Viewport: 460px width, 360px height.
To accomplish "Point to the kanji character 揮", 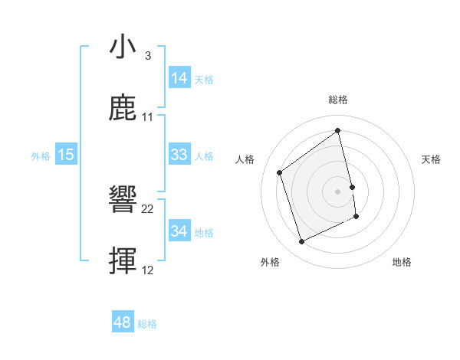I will [x=124, y=261].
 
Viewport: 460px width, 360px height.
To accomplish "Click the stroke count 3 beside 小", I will [x=147, y=56].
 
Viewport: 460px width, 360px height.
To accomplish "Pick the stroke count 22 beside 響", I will [x=148, y=208].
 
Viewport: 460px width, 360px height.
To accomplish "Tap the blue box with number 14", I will [x=179, y=78].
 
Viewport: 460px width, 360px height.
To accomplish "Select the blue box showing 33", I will [x=179, y=155].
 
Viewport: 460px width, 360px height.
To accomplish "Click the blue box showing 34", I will [x=179, y=231].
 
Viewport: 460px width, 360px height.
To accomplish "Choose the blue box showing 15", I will [x=66, y=155].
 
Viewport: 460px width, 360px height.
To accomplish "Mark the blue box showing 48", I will [x=123, y=322].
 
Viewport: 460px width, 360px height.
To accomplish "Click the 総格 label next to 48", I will [x=147, y=324].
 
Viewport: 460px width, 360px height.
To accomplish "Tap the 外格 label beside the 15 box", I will [x=41, y=156].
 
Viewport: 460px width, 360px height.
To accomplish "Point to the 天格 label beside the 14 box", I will [x=204, y=80].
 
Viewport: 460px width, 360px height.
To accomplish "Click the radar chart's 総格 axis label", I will [x=338, y=100].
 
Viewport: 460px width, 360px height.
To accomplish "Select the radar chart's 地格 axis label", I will [x=402, y=262].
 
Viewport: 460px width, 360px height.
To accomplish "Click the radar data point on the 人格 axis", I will [x=280, y=172].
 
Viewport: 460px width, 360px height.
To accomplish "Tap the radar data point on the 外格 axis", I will [x=301, y=242].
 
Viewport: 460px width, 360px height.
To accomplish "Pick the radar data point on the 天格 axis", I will [x=352, y=186].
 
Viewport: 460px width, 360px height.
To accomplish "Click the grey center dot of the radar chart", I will [x=338, y=191].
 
